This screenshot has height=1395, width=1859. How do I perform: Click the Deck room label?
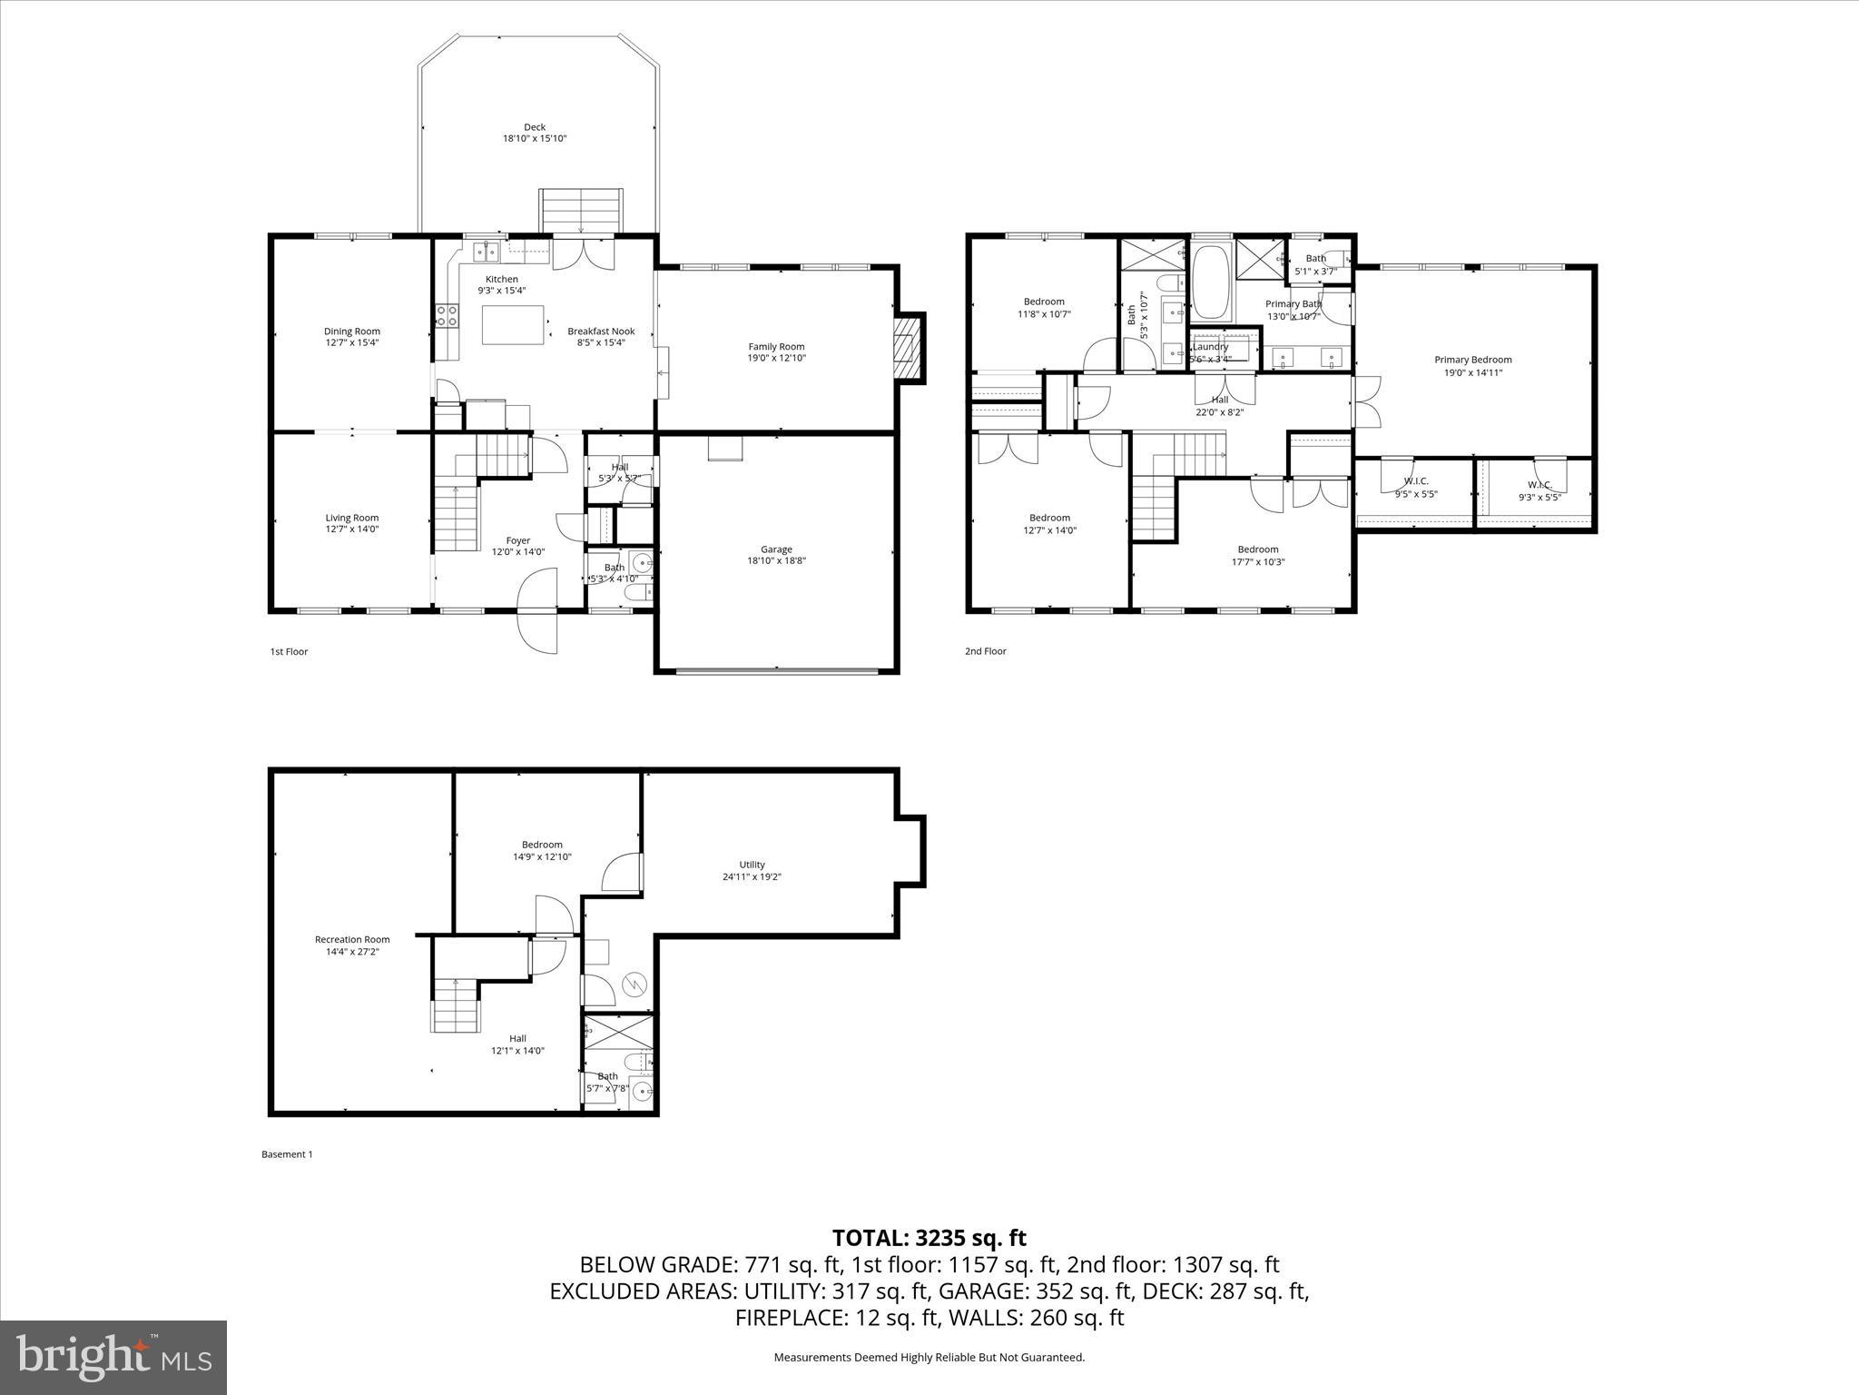pos(535,127)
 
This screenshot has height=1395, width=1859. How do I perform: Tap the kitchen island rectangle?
pos(513,325)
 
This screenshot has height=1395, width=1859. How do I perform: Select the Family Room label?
pos(776,346)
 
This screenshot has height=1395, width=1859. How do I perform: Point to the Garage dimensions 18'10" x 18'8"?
pos(776,561)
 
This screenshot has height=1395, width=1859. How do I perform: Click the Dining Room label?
pos(352,331)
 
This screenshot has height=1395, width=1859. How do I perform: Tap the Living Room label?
pos(352,518)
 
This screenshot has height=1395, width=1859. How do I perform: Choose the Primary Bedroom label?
pos(1472,360)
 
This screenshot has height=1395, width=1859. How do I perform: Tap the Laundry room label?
pos(1210,347)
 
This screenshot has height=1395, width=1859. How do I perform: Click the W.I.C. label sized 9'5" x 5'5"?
pos(1415,481)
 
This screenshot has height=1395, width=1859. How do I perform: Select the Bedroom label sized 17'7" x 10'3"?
pos(1257,549)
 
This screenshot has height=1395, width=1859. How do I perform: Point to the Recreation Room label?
pos(352,940)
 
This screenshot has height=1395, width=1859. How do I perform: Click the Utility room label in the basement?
pos(752,865)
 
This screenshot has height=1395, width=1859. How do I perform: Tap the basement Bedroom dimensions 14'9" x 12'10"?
pos(542,857)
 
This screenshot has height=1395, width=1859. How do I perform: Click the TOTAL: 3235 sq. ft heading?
pos(929,1238)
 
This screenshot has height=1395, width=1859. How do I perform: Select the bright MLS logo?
pos(113,1357)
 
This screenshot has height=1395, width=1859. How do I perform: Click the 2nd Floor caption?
pos(985,651)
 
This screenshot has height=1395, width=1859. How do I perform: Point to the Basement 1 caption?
pos(287,1154)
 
